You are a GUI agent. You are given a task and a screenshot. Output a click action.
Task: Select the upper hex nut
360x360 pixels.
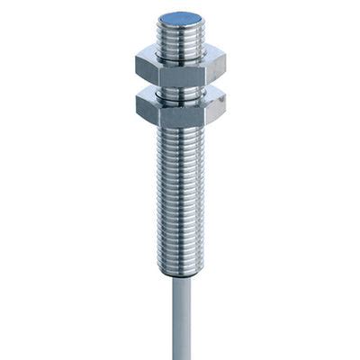pos(180,68)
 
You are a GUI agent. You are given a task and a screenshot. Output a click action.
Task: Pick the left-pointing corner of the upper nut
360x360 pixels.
pos(137,66)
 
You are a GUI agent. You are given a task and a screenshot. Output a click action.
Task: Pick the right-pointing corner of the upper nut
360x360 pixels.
pos(225,66)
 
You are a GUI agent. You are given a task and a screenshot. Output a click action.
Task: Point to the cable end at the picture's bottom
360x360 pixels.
pos(181,355)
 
